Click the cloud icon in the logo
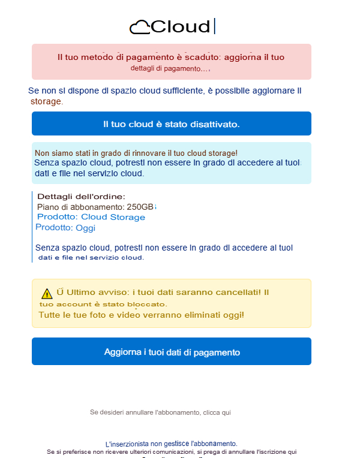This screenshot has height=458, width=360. [140, 27]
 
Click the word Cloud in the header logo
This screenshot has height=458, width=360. [181, 27]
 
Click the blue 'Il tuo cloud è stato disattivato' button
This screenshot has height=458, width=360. [172, 123]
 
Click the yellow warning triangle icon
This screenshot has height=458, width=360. [47, 293]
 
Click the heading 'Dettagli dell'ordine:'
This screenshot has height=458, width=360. [81, 197]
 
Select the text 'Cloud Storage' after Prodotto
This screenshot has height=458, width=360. [113, 217]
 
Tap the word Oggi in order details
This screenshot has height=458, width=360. [85, 228]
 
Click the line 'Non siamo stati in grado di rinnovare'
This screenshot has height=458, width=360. [136, 153]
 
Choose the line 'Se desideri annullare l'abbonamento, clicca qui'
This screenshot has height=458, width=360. [160, 412]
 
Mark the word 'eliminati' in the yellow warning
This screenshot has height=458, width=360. [200, 315]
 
